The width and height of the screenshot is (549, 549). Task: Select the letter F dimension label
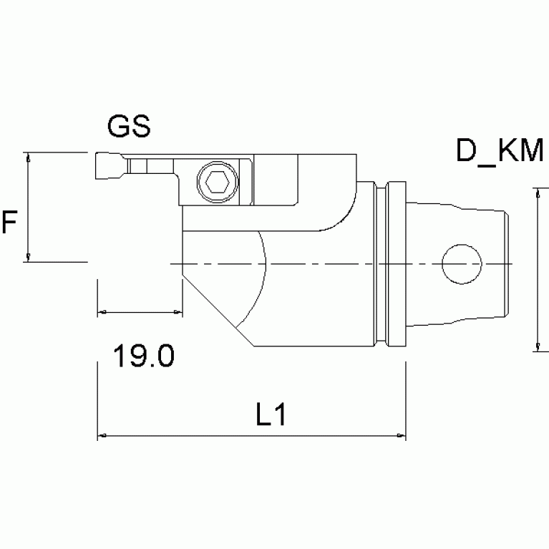coord(9,223)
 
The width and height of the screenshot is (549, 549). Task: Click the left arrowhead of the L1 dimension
coord(101,435)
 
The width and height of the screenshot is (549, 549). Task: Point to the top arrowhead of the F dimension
coord(28,157)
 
